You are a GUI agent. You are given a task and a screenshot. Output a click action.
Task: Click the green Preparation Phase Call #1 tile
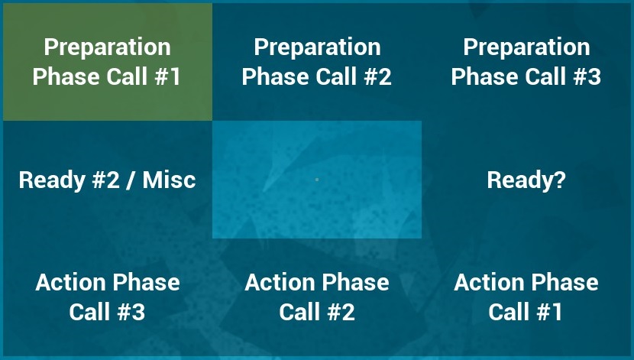click(108, 62)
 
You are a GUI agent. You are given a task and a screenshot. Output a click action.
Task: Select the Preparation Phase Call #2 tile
click(317, 62)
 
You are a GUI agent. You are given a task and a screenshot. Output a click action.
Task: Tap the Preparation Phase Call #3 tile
click(526, 62)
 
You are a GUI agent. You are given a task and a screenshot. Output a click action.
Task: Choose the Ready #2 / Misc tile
click(108, 180)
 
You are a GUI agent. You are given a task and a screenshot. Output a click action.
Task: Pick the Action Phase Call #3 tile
click(108, 297)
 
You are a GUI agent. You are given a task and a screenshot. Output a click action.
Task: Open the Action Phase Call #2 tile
click(317, 297)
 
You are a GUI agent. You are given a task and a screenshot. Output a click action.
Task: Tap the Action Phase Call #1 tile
click(526, 297)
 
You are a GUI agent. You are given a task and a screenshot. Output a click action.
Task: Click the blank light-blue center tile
click(317, 180)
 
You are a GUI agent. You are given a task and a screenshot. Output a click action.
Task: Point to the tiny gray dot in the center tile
click(317, 179)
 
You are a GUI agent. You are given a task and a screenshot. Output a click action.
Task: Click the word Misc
click(169, 180)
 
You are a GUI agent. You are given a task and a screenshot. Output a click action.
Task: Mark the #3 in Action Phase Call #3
click(131, 312)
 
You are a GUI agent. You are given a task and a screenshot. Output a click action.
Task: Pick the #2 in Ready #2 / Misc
click(106, 180)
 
